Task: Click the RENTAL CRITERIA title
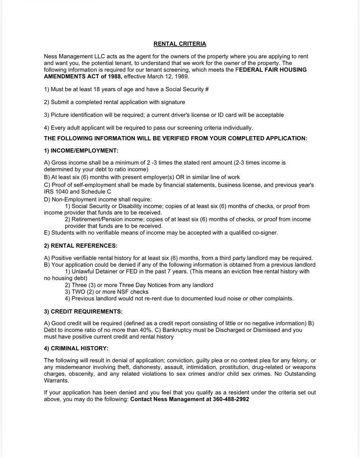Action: [x=180, y=44]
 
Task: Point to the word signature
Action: [x=172, y=102]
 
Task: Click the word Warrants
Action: [x=56, y=381]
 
